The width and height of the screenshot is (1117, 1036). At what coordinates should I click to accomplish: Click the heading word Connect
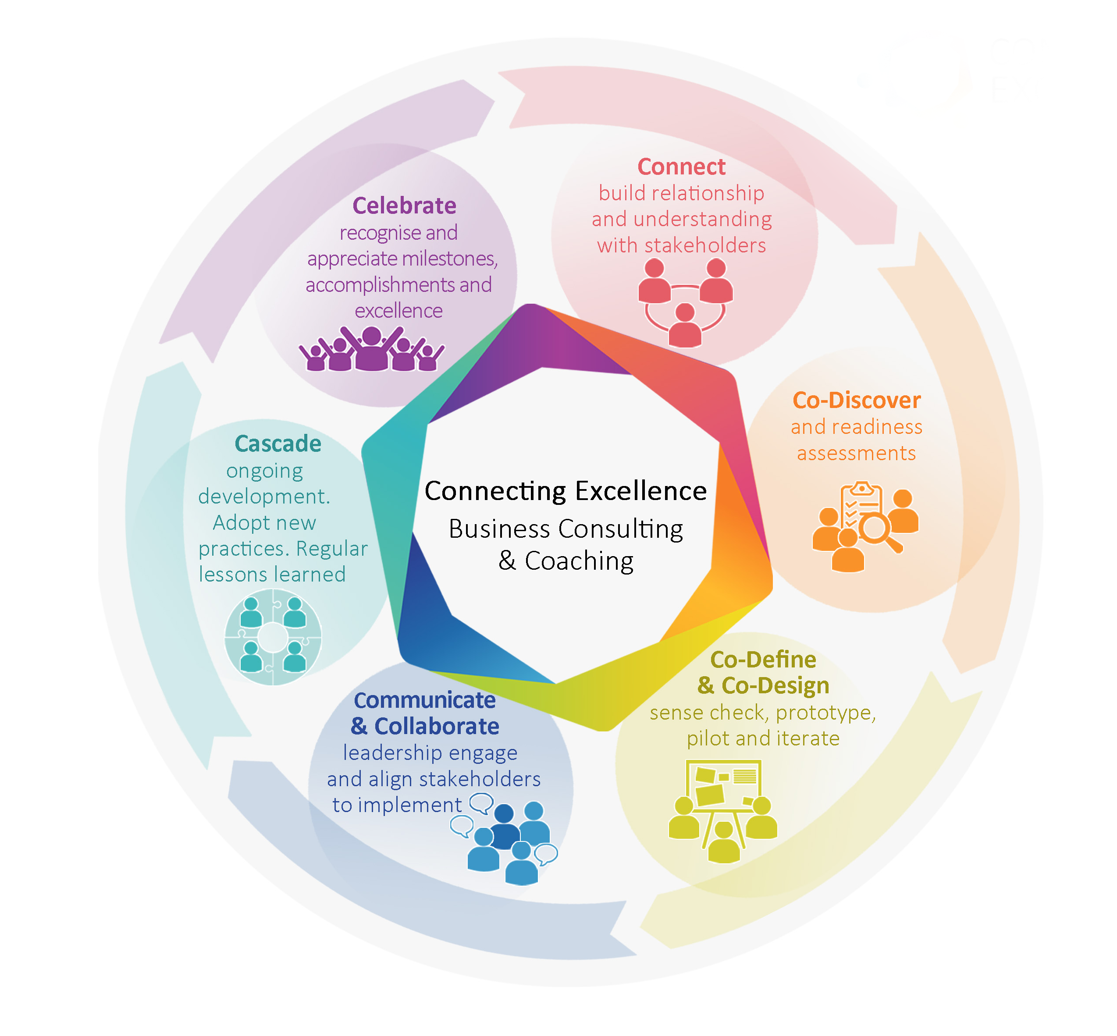681,167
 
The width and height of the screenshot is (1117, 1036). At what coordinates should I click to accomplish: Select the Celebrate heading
404,206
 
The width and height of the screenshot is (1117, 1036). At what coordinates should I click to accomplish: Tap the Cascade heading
277,443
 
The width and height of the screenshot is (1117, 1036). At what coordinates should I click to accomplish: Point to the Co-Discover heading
856,400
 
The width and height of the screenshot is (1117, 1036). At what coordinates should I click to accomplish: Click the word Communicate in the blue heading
424,700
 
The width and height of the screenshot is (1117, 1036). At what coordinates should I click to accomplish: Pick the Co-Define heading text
763,660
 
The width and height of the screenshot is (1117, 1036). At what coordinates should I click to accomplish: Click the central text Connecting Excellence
565,491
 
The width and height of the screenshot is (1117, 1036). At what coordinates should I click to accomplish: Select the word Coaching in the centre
579,561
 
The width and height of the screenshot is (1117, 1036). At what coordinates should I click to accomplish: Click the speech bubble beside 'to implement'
481,803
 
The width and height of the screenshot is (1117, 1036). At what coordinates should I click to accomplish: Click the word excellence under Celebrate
398,311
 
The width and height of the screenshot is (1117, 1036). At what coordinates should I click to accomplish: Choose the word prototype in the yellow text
824,713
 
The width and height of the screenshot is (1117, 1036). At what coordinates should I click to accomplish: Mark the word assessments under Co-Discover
856,453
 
